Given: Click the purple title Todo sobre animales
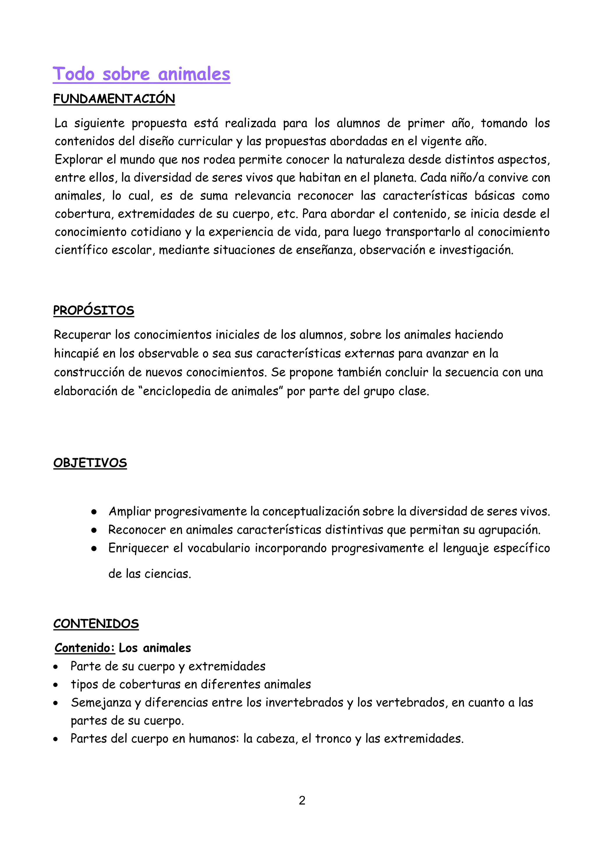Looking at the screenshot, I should coord(141,74).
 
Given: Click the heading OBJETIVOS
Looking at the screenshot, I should coord(90,462).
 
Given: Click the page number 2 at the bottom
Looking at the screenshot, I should coord(302,800).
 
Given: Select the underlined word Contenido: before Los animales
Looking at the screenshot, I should coord(85,648).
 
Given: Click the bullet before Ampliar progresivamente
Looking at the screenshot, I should coord(94,512).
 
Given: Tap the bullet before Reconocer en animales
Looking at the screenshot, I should coord(94,530).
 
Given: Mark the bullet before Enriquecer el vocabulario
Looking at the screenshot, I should coord(94,548).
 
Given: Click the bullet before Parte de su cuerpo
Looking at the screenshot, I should coord(56,666).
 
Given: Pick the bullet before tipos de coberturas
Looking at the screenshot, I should coord(56,685).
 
